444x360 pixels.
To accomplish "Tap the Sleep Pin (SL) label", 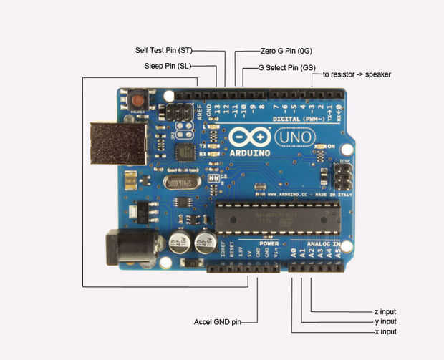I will pyautogui.click(x=168, y=67).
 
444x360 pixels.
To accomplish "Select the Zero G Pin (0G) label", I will pyautogui.click(x=286, y=51).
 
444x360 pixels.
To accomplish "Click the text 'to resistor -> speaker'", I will pyautogui.click(x=357, y=74).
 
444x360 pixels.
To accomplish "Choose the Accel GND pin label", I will pyautogui.click(x=217, y=321).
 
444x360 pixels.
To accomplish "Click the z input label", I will pyautogui.click(x=385, y=312).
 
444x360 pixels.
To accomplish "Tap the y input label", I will pyautogui.click(x=385, y=322).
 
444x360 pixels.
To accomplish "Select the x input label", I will pyautogui.click(x=385, y=332).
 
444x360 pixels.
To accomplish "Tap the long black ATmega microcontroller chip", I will pyautogui.click(x=276, y=218).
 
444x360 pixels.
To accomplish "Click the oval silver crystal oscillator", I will pyautogui.click(x=185, y=183).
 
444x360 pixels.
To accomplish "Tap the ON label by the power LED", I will pyautogui.click(x=331, y=146).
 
